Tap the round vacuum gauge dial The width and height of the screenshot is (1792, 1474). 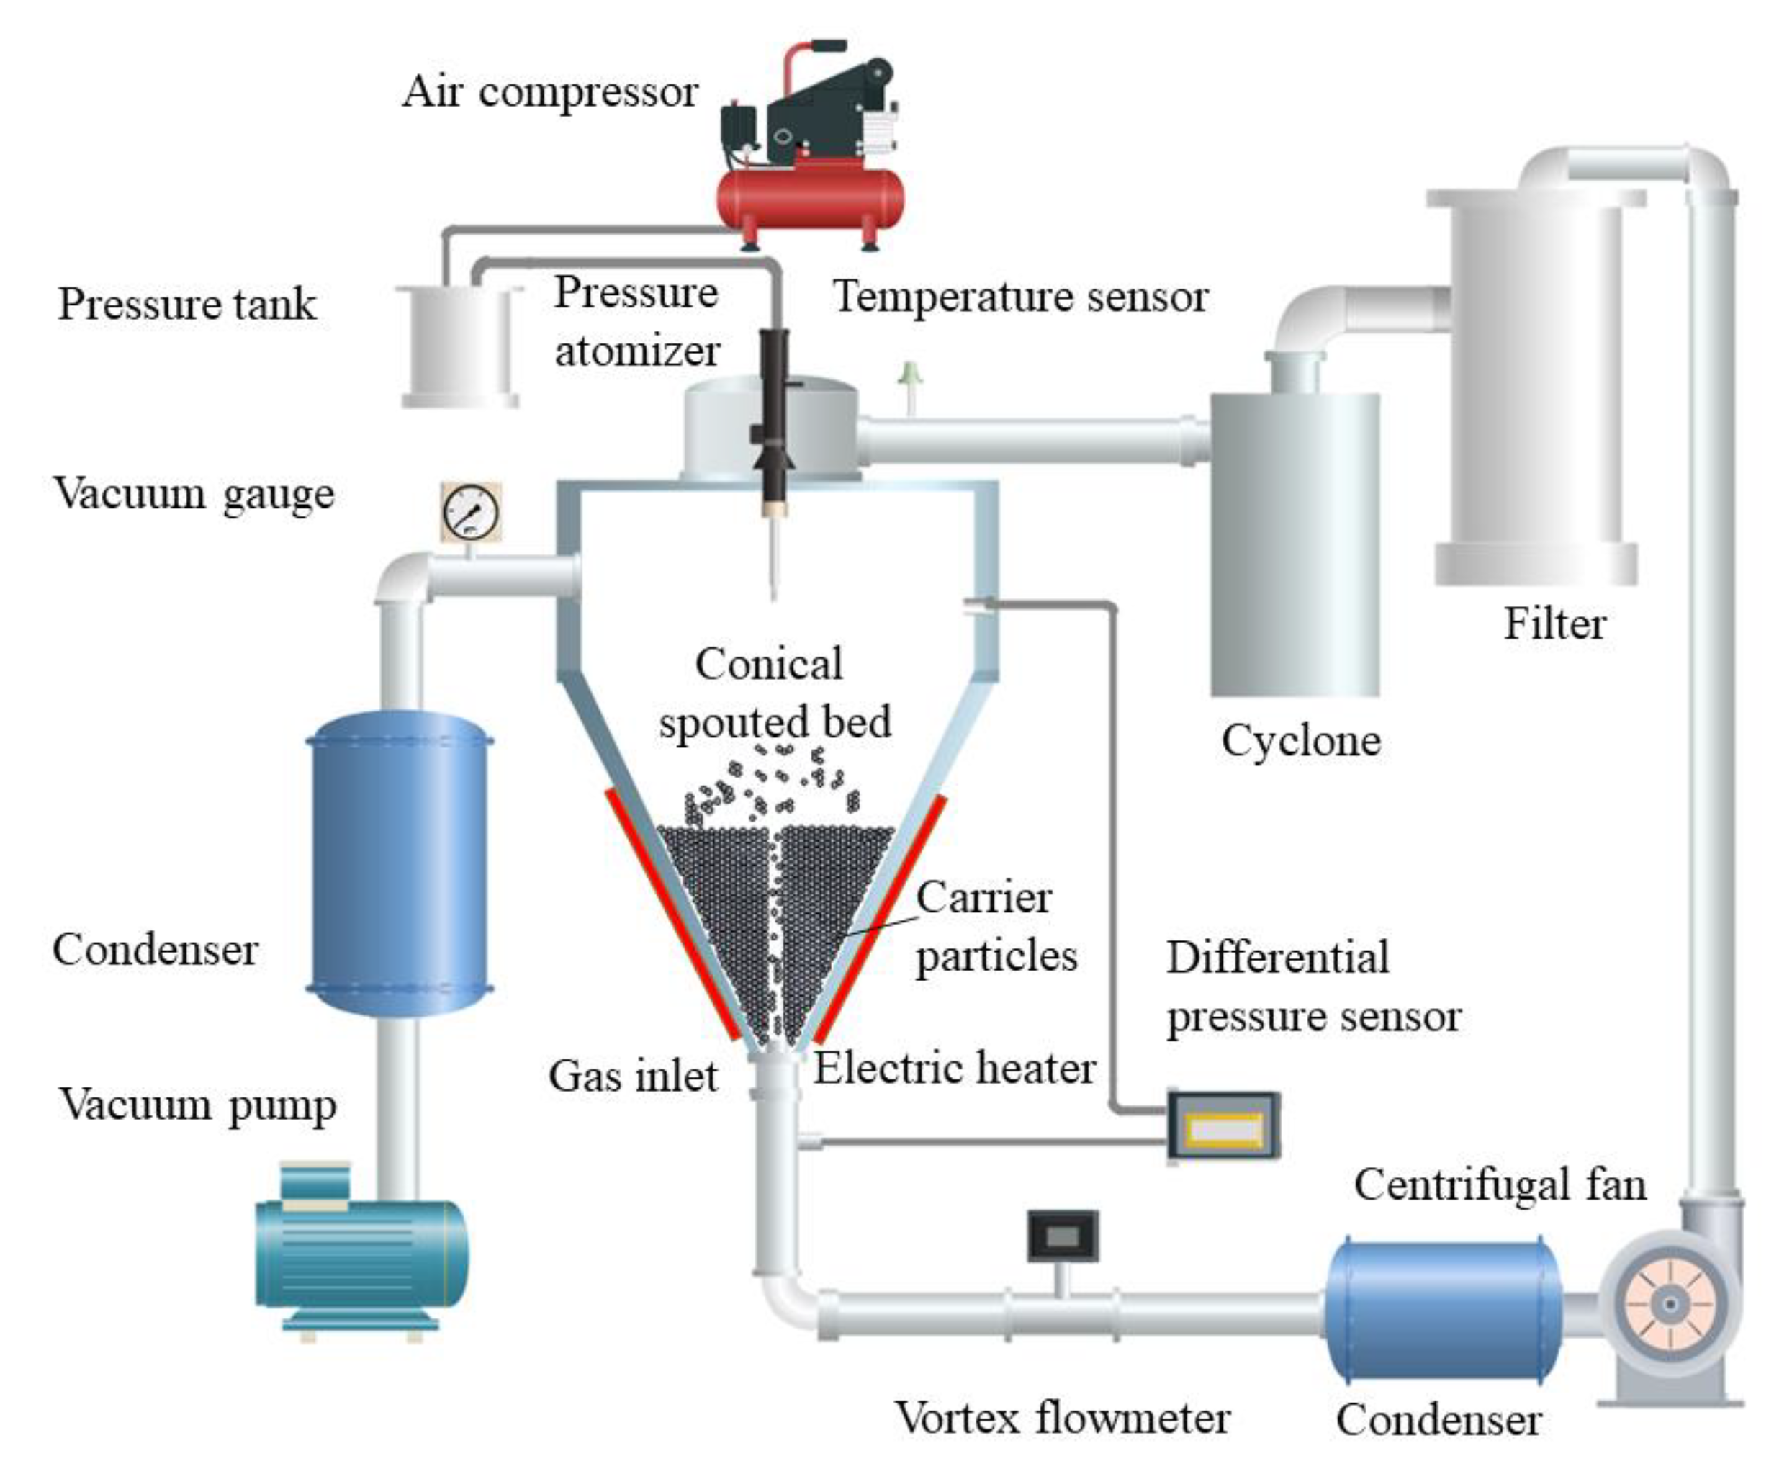tap(471, 511)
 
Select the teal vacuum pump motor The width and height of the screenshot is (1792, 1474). tap(361, 1253)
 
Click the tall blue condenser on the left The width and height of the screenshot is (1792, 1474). tap(399, 862)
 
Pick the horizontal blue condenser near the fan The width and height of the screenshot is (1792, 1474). tap(1443, 1311)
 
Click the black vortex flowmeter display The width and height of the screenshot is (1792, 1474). tap(1063, 1236)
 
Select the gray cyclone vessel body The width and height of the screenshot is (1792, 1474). tap(1295, 544)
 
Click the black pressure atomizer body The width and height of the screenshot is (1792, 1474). tap(774, 416)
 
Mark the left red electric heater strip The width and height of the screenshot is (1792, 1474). tap(672, 913)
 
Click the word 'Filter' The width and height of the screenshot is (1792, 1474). tap(1554, 624)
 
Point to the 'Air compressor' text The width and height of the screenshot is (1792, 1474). tap(550, 91)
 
